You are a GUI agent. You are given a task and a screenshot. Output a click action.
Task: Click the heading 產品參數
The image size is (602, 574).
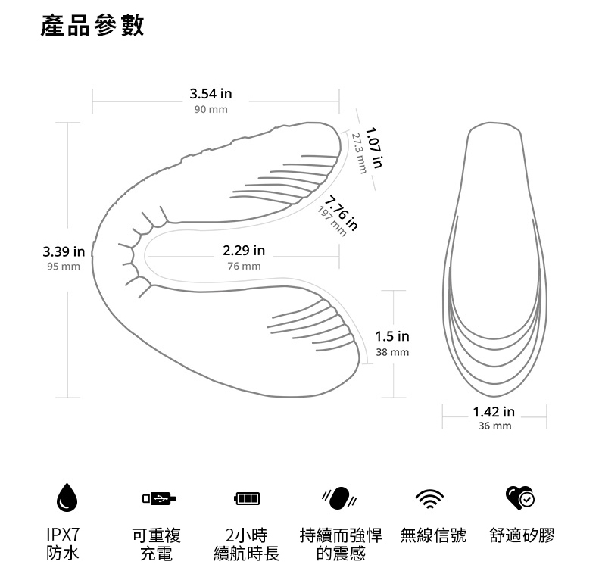pos(92,27)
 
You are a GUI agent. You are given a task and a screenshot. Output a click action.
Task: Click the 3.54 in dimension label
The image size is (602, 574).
pos(211,94)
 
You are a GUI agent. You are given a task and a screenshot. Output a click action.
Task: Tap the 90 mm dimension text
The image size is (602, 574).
pos(211,110)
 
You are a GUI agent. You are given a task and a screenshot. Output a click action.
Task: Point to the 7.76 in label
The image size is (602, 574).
pos(343,213)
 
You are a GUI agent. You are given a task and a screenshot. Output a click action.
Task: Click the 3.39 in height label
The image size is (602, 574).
pos(64,251)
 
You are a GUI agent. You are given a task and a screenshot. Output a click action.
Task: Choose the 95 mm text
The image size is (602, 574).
pos(64,267)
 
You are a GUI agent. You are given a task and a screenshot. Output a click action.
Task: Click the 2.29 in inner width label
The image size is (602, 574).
pos(244,250)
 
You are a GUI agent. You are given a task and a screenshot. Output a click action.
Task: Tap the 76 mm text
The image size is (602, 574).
pos(244,266)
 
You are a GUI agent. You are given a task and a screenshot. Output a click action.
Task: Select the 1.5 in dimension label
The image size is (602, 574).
pos(392,335)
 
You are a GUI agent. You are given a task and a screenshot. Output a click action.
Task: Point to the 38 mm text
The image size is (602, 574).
pos(392,352)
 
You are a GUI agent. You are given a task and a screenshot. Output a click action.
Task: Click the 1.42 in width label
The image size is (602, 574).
pos(494,412)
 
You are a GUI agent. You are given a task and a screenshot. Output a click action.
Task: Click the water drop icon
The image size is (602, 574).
pos(69,498)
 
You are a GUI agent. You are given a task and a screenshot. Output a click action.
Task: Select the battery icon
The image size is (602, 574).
pos(247,498)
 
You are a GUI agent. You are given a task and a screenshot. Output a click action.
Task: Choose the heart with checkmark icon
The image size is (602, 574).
pos(520,497)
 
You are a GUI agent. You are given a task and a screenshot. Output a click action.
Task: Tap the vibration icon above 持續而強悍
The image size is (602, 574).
pos(338,498)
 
